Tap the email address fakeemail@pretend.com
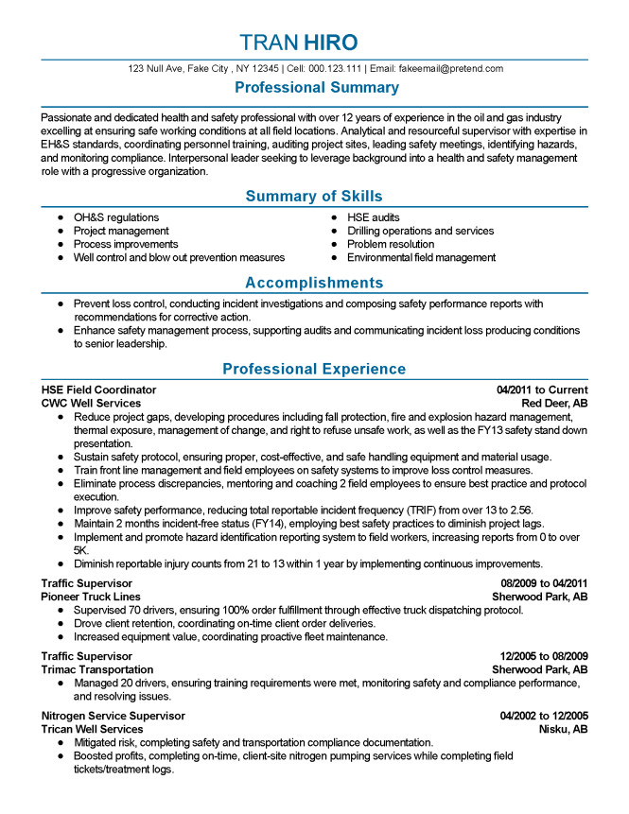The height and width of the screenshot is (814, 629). [x=449, y=69]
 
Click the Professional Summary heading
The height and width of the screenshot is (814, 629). [x=316, y=88]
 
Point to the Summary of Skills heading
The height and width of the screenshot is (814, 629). [x=314, y=197]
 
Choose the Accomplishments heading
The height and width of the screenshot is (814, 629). [x=314, y=283]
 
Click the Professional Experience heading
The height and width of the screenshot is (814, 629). [x=314, y=369]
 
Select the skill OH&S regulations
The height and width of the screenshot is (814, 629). [x=116, y=217]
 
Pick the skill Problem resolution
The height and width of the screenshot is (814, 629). [x=391, y=244]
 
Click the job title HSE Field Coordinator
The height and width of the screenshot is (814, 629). [x=98, y=390]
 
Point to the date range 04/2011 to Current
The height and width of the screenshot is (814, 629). [x=542, y=390]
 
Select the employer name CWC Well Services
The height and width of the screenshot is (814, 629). [x=91, y=403]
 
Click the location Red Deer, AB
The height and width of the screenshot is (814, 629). [x=554, y=403]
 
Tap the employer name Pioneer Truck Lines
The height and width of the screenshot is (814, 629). [x=91, y=598]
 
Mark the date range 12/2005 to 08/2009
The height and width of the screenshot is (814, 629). [x=544, y=656]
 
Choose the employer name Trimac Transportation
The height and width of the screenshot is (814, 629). [x=96, y=669]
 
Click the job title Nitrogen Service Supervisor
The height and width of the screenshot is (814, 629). [x=113, y=716]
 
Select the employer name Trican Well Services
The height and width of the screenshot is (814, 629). [x=92, y=729]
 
